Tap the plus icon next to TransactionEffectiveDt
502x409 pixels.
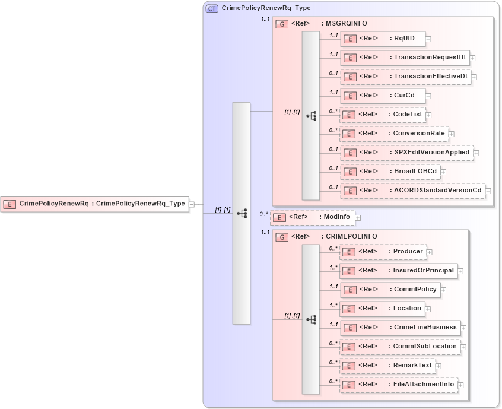(474, 77)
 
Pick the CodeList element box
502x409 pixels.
(382, 115)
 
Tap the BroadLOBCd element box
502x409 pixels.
(390, 172)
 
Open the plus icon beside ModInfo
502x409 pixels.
(358, 218)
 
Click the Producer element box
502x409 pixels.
(383, 252)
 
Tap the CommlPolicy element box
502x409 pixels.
(390, 290)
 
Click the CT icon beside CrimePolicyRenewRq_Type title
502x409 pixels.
(212, 9)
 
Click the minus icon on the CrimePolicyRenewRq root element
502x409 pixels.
(192, 204)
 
